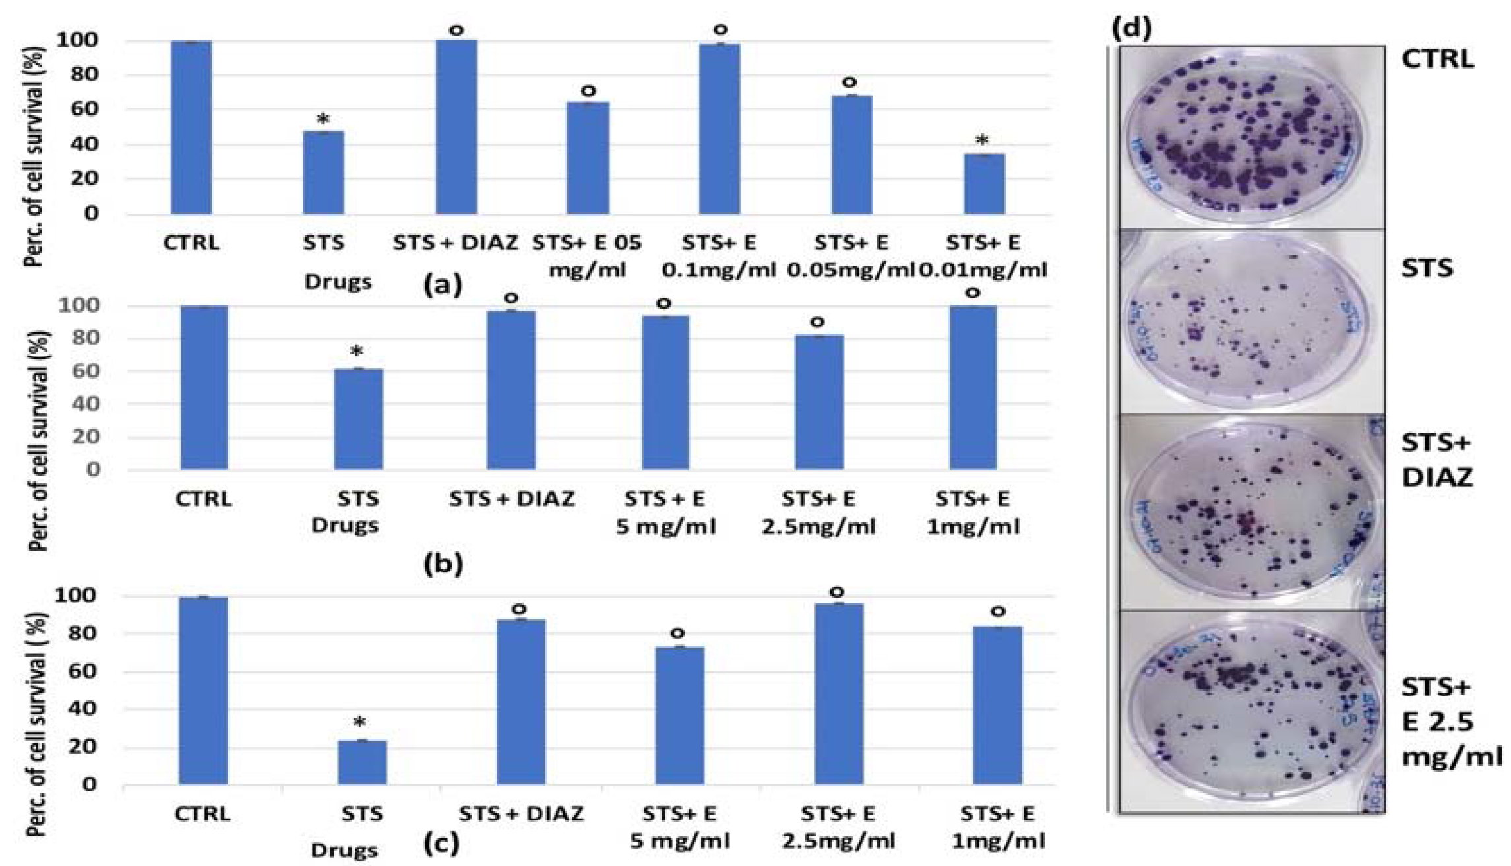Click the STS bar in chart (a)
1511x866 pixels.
[323, 173]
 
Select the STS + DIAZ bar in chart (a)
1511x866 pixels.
[456, 127]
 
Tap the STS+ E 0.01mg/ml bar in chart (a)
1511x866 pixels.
[984, 184]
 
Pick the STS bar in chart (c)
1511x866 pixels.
[362, 763]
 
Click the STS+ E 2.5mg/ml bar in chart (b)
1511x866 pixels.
[818, 402]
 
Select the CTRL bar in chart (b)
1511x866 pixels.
[204, 388]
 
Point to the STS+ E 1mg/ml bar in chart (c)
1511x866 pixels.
[997, 706]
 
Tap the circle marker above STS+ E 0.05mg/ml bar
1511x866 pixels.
[850, 83]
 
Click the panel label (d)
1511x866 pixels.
[1132, 28]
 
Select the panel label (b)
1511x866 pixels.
[443, 564]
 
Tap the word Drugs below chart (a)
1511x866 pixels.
[338, 282]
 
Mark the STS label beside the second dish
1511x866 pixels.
[1427, 268]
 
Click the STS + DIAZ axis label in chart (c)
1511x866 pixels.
[521, 815]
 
